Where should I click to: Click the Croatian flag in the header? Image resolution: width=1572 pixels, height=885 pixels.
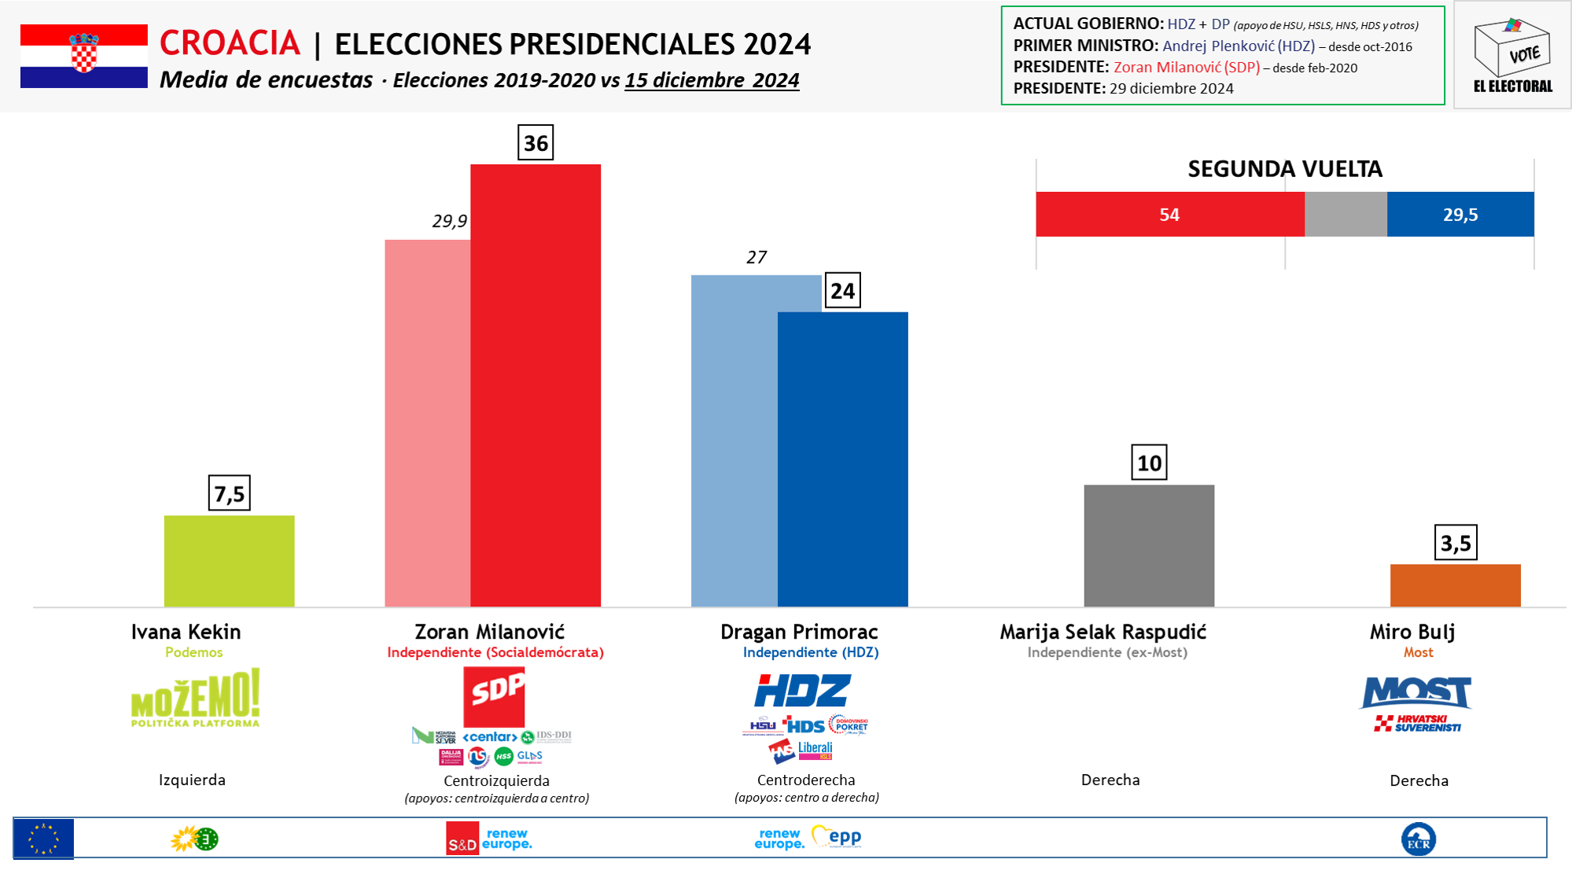coord(83,56)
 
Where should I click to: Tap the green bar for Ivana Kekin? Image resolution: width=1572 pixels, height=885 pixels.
coord(229,561)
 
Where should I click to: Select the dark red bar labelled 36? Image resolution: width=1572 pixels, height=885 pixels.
coord(536,385)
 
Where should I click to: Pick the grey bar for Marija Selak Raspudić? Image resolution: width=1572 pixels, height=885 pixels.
coord(1148,545)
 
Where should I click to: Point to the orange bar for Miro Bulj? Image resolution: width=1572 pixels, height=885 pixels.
coord(1455,585)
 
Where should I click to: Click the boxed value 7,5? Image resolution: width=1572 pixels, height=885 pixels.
coord(229,494)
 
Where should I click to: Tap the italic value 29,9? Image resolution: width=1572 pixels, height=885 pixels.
coord(449,221)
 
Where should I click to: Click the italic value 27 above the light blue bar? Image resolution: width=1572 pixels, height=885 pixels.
coord(756,257)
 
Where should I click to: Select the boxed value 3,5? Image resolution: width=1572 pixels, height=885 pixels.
coord(1455,543)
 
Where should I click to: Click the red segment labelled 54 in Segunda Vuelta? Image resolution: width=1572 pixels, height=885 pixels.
coord(1169,214)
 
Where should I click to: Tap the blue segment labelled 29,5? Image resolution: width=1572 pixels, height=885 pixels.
coord(1460,214)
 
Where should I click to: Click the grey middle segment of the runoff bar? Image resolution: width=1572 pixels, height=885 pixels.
coord(1346,214)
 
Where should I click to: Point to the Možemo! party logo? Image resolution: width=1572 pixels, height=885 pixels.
coord(195,698)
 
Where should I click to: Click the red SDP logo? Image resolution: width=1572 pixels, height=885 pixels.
coord(494,696)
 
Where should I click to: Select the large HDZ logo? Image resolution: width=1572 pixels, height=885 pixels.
coord(802,691)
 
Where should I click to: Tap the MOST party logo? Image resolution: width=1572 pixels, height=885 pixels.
coord(1416,692)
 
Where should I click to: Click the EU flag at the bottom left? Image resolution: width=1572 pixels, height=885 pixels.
coord(44,839)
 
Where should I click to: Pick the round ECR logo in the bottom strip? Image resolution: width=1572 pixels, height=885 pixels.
coord(1418,839)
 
